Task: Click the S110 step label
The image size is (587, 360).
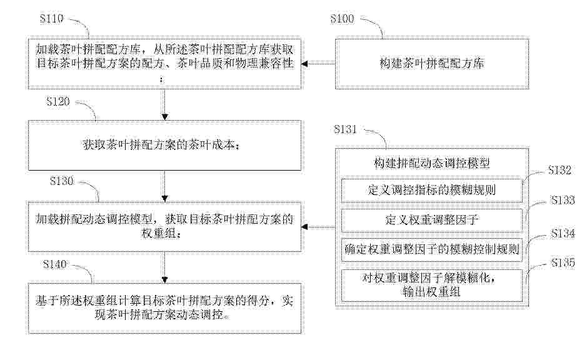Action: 52,19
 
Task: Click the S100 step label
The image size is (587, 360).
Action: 342,19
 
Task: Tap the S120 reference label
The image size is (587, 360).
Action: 58,101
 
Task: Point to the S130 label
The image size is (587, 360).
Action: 62,181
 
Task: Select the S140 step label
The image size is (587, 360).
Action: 54,264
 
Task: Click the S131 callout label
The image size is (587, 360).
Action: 345,129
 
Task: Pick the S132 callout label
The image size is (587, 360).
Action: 559,170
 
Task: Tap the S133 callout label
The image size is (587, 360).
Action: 562,200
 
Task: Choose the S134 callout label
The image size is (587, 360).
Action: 562,234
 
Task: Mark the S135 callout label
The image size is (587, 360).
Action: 562,263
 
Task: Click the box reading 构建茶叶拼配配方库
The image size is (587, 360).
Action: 432,63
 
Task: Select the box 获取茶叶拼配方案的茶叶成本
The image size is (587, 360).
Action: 164,146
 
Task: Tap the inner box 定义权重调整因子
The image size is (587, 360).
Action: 432,220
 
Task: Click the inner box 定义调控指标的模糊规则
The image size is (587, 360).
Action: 432,191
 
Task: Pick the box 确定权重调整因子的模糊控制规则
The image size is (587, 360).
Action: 432,249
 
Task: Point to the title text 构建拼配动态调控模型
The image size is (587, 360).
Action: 432,163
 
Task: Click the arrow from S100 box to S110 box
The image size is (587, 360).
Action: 318,64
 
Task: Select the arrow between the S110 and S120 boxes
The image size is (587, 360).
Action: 164,105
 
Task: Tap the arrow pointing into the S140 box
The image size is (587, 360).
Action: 164,267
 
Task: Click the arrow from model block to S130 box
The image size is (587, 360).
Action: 318,227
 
